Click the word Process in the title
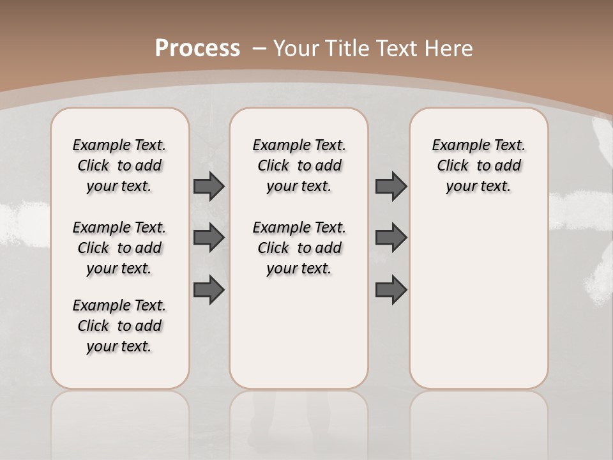pos(197,48)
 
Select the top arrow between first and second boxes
pos(209,186)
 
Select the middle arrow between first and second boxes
pos(209,238)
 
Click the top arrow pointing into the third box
pos(391,186)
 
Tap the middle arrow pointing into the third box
pos(391,238)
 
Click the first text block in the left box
pos(119,165)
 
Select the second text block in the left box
pos(119,248)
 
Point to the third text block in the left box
pos(119,326)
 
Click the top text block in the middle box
pos(299,165)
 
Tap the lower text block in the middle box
pos(299,248)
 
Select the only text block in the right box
pos(478,165)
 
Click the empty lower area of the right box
pos(478,300)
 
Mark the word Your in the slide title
pos(296,49)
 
